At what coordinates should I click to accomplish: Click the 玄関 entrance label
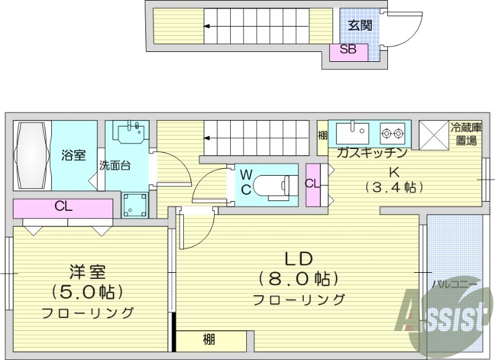coord(359,25)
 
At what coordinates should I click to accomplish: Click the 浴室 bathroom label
coord(74,155)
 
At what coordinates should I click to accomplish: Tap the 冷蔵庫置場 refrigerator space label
coord(466,134)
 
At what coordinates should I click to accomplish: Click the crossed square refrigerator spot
coord(434,134)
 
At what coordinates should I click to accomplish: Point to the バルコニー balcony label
coord(454,283)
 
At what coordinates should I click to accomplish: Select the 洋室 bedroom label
coord(87,271)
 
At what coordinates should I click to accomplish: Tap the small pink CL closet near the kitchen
coord(312,184)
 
